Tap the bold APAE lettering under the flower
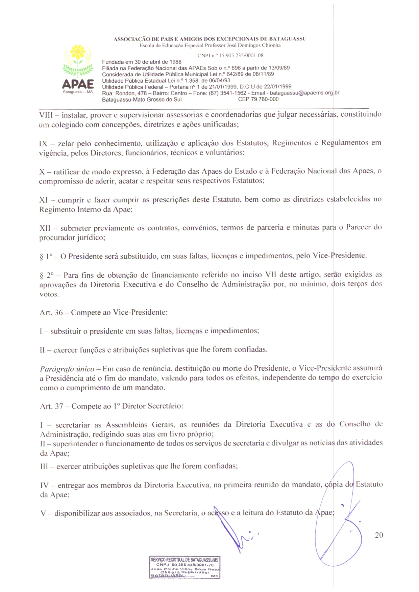[x=78, y=84]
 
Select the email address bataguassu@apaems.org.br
[x=304, y=93]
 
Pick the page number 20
[x=379, y=535]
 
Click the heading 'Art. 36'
[x=51, y=312]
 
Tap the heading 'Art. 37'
[x=52, y=406]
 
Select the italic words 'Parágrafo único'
[x=67, y=369]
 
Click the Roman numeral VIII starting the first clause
[x=46, y=115]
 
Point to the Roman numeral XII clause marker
[x=45, y=228]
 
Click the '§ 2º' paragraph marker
[x=47, y=275]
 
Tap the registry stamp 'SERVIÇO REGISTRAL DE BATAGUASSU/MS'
[x=184, y=560]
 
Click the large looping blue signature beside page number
[x=338, y=516]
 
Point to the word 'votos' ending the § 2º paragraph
[x=49, y=294]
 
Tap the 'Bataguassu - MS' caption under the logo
[x=78, y=92]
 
